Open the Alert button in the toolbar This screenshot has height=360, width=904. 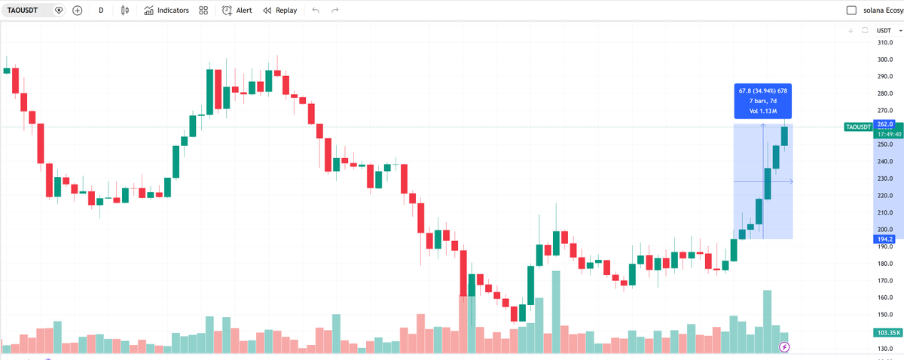point(237,11)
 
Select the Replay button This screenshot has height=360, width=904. point(279,11)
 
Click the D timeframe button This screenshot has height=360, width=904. point(101,11)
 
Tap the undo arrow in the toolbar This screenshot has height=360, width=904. point(316,11)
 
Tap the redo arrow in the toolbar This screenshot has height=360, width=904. point(335,11)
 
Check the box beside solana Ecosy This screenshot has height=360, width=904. point(852,11)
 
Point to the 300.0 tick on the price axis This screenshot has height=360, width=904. point(884,59)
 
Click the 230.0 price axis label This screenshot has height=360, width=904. point(884,178)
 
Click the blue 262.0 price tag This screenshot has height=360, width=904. point(884,124)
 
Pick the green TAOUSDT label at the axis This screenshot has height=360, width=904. point(858,127)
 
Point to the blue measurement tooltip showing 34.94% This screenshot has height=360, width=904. point(763,101)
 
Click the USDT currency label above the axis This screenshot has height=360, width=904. point(884,30)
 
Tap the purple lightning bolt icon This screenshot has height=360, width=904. point(784,347)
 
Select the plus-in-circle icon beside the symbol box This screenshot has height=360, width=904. point(78,11)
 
